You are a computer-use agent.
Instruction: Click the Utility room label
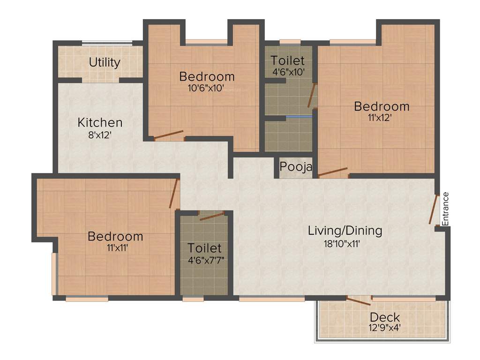(x=105, y=62)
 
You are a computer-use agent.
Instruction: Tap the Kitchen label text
(x=100, y=123)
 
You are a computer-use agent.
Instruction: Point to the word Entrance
(x=445, y=209)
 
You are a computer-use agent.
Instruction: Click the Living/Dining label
(x=345, y=231)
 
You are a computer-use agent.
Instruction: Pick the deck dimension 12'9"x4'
(x=384, y=328)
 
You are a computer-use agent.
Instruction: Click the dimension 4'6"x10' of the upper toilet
(x=288, y=72)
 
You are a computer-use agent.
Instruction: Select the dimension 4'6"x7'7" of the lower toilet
(x=204, y=260)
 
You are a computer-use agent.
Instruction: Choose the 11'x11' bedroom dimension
(x=115, y=248)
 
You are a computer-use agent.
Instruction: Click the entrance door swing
(x=433, y=209)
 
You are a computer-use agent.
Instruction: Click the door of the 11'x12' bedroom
(x=333, y=172)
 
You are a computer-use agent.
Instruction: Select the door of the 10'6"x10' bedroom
(x=169, y=135)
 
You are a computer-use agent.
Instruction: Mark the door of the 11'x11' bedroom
(x=174, y=193)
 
